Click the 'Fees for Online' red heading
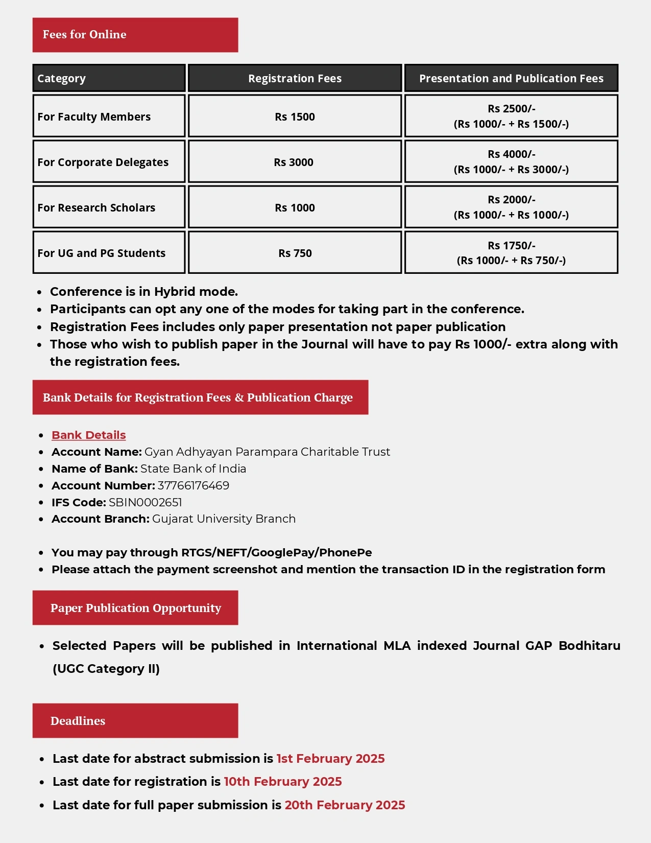click(x=85, y=35)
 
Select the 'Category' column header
click(x=61, y=79)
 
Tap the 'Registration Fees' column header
click(x=295, y=79)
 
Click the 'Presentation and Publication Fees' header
click(x=511, y=79)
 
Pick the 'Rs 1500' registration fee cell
click(x=295, y=117)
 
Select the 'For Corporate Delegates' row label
click(x=103, y=162)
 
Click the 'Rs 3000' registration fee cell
click(x=294, y=162)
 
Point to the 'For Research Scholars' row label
click(x=96, y=208)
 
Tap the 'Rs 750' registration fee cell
click(x=295, y=253)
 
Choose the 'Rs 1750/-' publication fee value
click(x=511, y=246)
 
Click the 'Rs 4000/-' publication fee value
click(x=511, y=154)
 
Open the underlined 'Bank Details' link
click(x=89, y=435)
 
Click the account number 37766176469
click(x=194, y=486)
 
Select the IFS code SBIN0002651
click(x=146, y=503)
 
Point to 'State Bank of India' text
click(x=193, y=469)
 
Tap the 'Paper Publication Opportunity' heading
click(x=135, y=608)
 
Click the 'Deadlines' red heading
click(x=78, y=721)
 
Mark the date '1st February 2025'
click(x=330, y=759)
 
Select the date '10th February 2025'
click(x=283, y=782)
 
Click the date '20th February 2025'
click(x=345, y=805)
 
